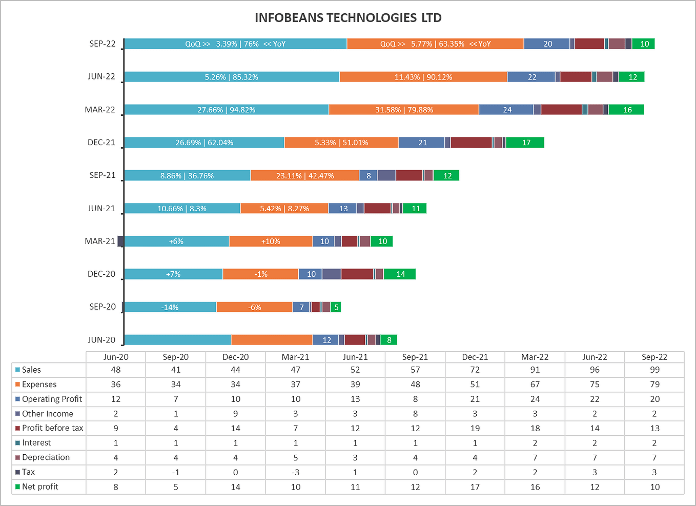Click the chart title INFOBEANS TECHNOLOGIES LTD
(x=348, y=18)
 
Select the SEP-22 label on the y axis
(x=103, y=44)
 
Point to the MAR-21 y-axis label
(x=100, y=241)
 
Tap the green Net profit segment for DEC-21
(x=525, y=143)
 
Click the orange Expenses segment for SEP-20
(x=254, y=307)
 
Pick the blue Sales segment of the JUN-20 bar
(x=177, y=340)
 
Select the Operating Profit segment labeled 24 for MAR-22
(x=506, y=110)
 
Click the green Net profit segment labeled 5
(x=336, y=307)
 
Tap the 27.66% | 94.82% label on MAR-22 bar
(x=226, y=110)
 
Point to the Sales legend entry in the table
(x=31, y=370)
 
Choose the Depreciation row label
(x=46, y=457)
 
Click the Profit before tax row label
(x=52, y=428)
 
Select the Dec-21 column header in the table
(x=475, y=357)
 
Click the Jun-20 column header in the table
(x=116, y=357)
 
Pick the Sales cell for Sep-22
(x=654, y=370)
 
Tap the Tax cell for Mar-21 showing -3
(x=296, y=472)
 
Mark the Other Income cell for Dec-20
(x=236, y=414)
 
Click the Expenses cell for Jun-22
(x=595, y=384)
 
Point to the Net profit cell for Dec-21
(x=475, y=487)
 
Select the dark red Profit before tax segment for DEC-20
(x=357, y=274)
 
